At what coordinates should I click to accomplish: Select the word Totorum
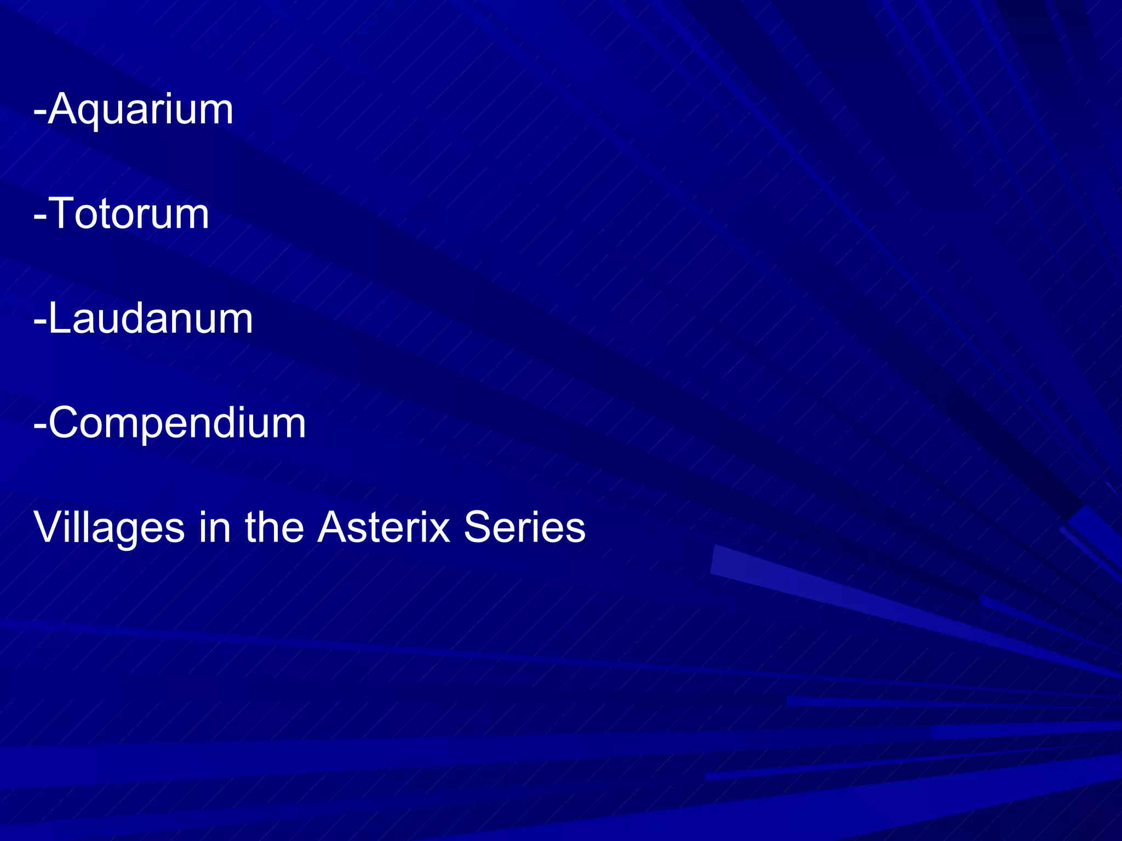pos(129,214)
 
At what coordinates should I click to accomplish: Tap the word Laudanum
pos(151,318)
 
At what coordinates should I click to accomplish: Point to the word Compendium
pos(177,423)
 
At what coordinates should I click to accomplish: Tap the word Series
pos(524,528)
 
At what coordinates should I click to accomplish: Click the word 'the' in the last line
pos(274,528)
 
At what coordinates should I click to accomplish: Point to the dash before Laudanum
pos(39,320)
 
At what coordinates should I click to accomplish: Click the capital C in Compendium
pos(66,423)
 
